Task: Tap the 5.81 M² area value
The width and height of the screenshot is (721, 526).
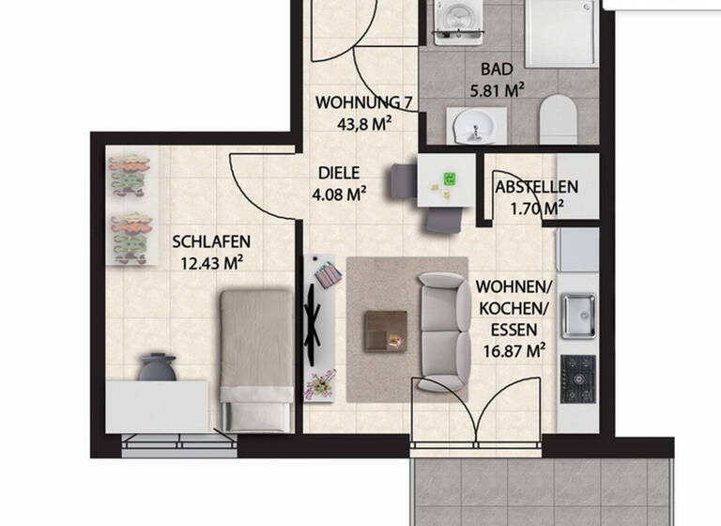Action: [x=496, y=92]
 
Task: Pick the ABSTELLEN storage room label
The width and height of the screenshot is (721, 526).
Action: [x=536, y=188]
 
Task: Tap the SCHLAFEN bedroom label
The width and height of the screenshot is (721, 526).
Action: [x=211, y=242]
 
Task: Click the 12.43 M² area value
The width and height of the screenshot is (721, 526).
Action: [x=211, y=263]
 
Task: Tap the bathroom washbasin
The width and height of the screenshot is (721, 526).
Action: [x=475, y=123]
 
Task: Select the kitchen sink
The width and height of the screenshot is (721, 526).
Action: [x=576, y=315]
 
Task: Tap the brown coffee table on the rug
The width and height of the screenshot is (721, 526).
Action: [x=385, y=329]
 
